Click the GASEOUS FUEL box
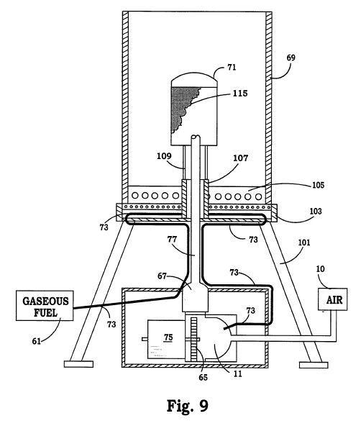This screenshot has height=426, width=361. coord(45,305)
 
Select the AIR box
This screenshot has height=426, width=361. coord(332,299)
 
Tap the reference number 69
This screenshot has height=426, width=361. coord(291,58)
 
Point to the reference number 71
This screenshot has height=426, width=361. coord(232,68)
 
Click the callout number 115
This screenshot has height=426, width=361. coord(240,94)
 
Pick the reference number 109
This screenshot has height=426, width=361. coord(164,156)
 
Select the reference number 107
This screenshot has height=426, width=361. coord(240,158)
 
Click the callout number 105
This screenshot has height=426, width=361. coord(318,185)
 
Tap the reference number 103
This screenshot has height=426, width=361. coord(316,211)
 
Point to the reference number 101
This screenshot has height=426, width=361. coord(304,243)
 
